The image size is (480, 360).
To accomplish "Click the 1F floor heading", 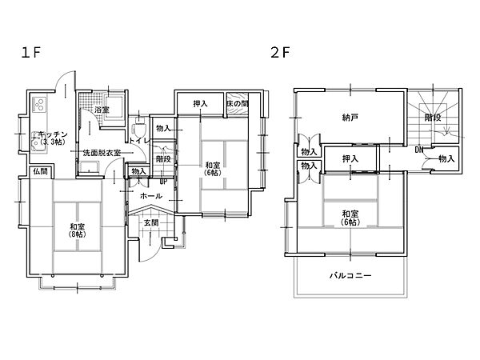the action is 30,53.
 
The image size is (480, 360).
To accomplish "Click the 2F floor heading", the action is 280,53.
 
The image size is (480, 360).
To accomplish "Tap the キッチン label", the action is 53,134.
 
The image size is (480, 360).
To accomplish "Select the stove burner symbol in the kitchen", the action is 39,104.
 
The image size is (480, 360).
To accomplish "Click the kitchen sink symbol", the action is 39,142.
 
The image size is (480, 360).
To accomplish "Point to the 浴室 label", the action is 102,110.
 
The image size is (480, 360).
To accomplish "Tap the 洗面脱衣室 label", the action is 102,153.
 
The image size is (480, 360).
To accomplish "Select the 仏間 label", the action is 41,171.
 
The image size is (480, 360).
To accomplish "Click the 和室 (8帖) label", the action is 78,230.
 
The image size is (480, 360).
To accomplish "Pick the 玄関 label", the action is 151,223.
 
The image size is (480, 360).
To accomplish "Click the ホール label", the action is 151,196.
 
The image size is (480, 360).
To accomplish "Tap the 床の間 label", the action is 238,103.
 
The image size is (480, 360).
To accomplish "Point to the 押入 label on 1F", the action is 201,104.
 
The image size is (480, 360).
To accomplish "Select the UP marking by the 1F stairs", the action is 163,182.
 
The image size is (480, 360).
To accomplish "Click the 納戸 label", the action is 350,118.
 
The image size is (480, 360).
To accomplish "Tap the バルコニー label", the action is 350,275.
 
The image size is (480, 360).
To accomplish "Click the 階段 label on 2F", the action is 433,118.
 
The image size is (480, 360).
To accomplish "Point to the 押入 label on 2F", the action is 350,159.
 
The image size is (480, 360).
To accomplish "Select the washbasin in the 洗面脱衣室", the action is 89,168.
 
